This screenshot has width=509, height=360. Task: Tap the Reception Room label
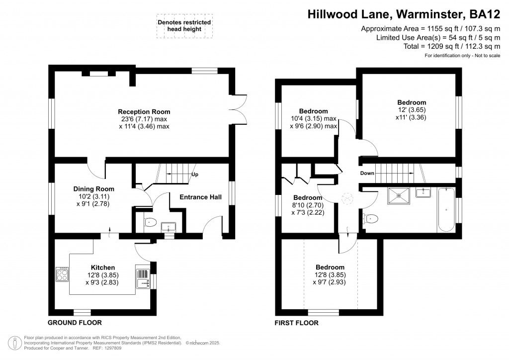[x=144, y=111]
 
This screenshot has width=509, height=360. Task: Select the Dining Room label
[x=94, y=189]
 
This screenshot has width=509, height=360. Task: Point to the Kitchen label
[x=103, y=268]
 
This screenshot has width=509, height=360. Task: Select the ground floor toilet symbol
[x=150, y=223]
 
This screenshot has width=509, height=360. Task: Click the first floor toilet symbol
[x=371, y=218]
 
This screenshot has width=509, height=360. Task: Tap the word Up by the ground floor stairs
[x=195, y=175]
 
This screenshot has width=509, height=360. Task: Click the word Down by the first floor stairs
[x=367, y=174]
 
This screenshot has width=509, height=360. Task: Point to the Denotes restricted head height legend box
[x=183, y=26]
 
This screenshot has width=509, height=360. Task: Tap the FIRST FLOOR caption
[x=297, y=323]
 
